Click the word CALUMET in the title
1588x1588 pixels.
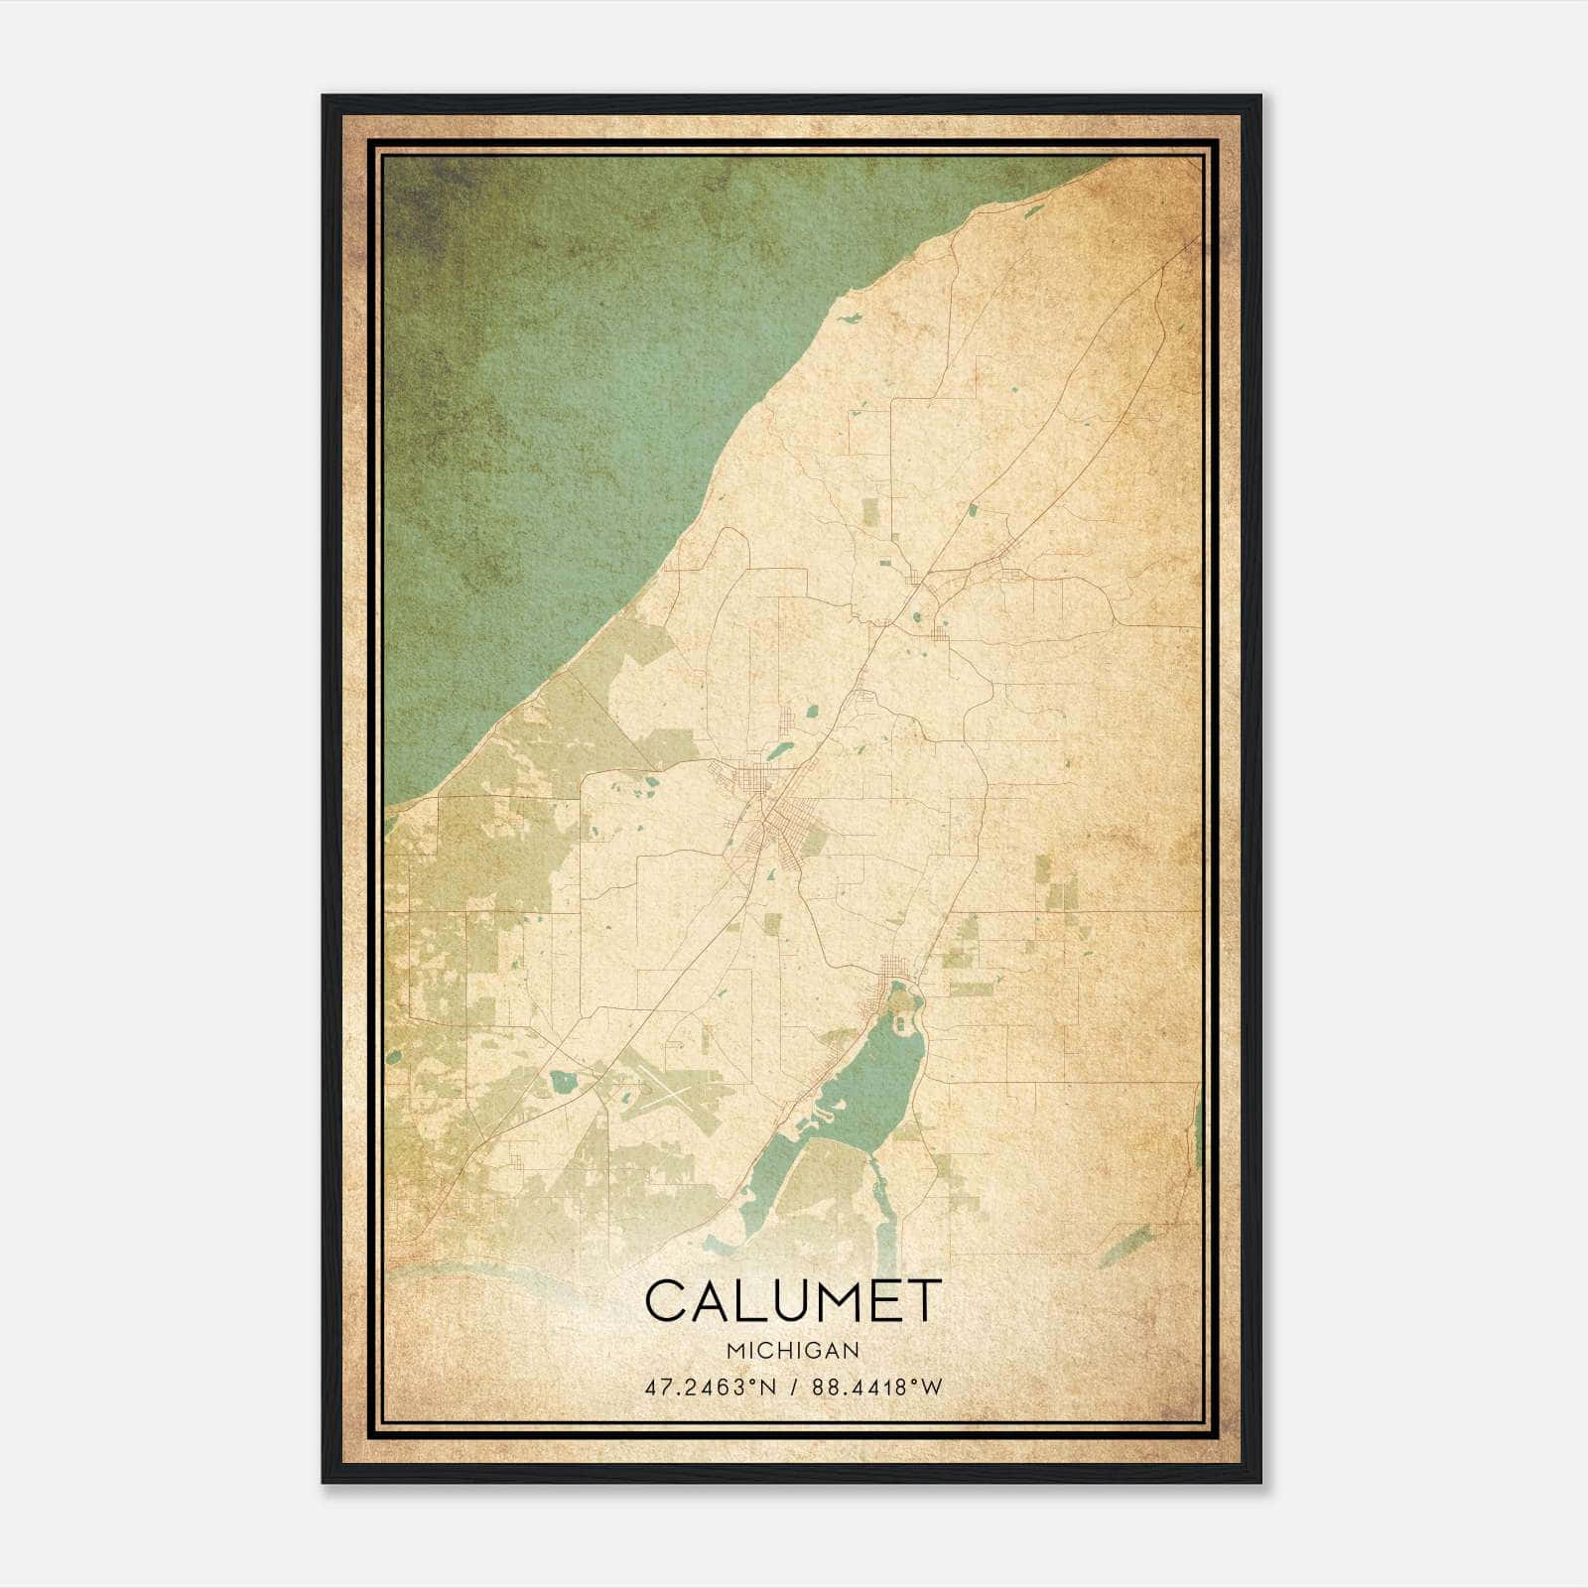pyautogui.click(x=792, y=1301)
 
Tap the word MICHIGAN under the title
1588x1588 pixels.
pyautogui.click(x=792, y=1350)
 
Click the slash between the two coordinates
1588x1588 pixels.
pyautogui.click(x=792, y=1388)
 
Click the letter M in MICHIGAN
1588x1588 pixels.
pyautogui.click(x=731, y=1350)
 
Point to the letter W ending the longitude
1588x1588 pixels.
pyautogui.click(x=932, y=1388)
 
